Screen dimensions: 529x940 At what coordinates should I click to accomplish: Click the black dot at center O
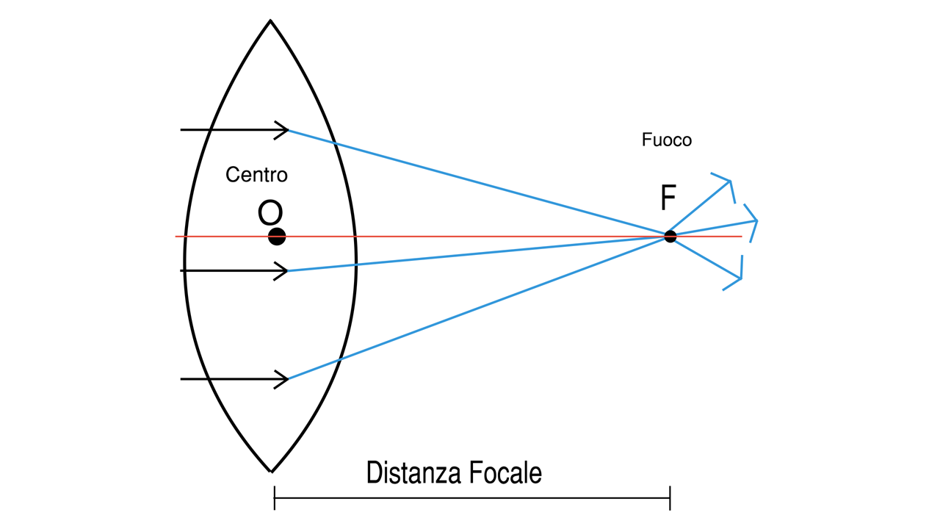pyautogui.click(x=277, y=237)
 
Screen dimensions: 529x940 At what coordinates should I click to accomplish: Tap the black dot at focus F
pyautogui.click(x=670, y=237)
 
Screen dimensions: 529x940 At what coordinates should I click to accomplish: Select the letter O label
pyautogui.click(x=270, y=213)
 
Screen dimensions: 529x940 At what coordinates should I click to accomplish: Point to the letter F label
pyautogui.click(x=668, y=198)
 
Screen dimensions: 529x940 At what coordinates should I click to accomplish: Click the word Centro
pyautogui.click(x=256, y=175)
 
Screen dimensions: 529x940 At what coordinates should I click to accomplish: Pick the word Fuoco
pyautogui.click(x=666, y=140)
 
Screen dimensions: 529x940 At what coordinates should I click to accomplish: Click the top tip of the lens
pyautogui.click(x=270, y=21)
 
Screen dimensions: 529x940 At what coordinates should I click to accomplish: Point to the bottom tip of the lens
pyautogui.click(x=270, y=470)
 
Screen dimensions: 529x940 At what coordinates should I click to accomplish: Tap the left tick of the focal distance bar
pyautogui.click(x=275, y=498)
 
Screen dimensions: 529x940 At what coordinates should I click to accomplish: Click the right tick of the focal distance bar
pyautogui.click(x=670, y=498)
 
